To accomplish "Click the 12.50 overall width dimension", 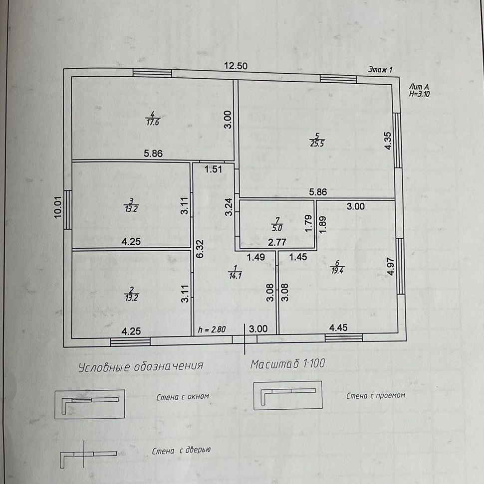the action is [x=236, y=66].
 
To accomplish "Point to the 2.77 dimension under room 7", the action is [x=277, y=243].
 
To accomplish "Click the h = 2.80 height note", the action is [x=213, y=329].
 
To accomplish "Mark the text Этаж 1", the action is [x=380, y=70].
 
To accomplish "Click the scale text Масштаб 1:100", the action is [x=288, y=364].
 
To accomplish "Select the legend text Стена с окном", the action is [x=183, y=397].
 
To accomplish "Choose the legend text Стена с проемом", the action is [x=376, y=396].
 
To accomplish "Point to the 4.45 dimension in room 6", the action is [x=339, y=328].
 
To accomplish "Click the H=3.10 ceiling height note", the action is [x=419, y=93].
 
